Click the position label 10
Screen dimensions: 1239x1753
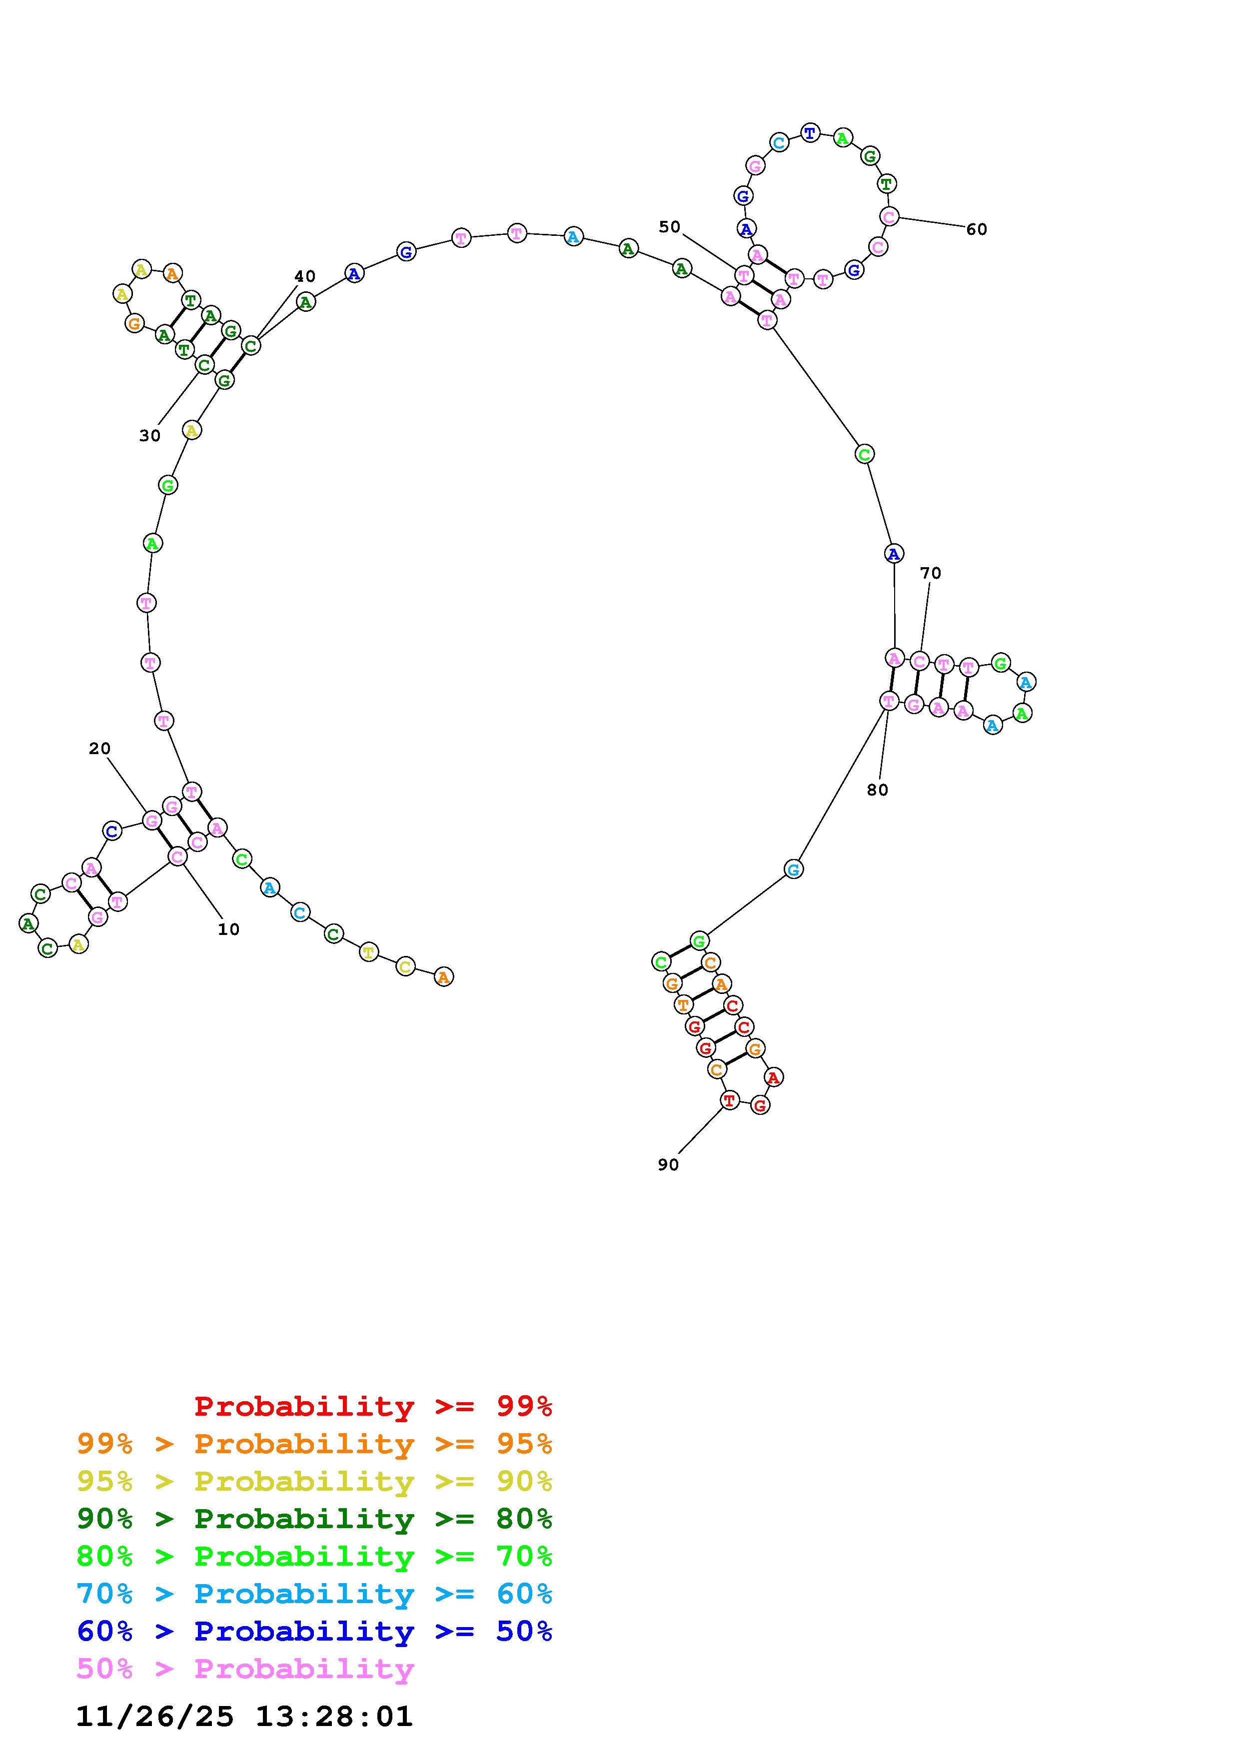tap(228, 929)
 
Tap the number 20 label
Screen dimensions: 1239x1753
tap(99, 748)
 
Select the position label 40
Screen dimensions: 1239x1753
tap(304, 276)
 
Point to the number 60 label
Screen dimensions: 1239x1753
tap(977, 229)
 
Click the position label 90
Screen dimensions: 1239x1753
tap(668, 1164)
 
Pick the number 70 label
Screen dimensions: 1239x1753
tap(931, 573)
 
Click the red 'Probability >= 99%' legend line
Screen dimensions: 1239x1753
tap(373, 1406)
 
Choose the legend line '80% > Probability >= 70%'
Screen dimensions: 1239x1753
tap(314, 1556)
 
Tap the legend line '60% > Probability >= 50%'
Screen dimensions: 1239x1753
tap(314, 1631)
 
